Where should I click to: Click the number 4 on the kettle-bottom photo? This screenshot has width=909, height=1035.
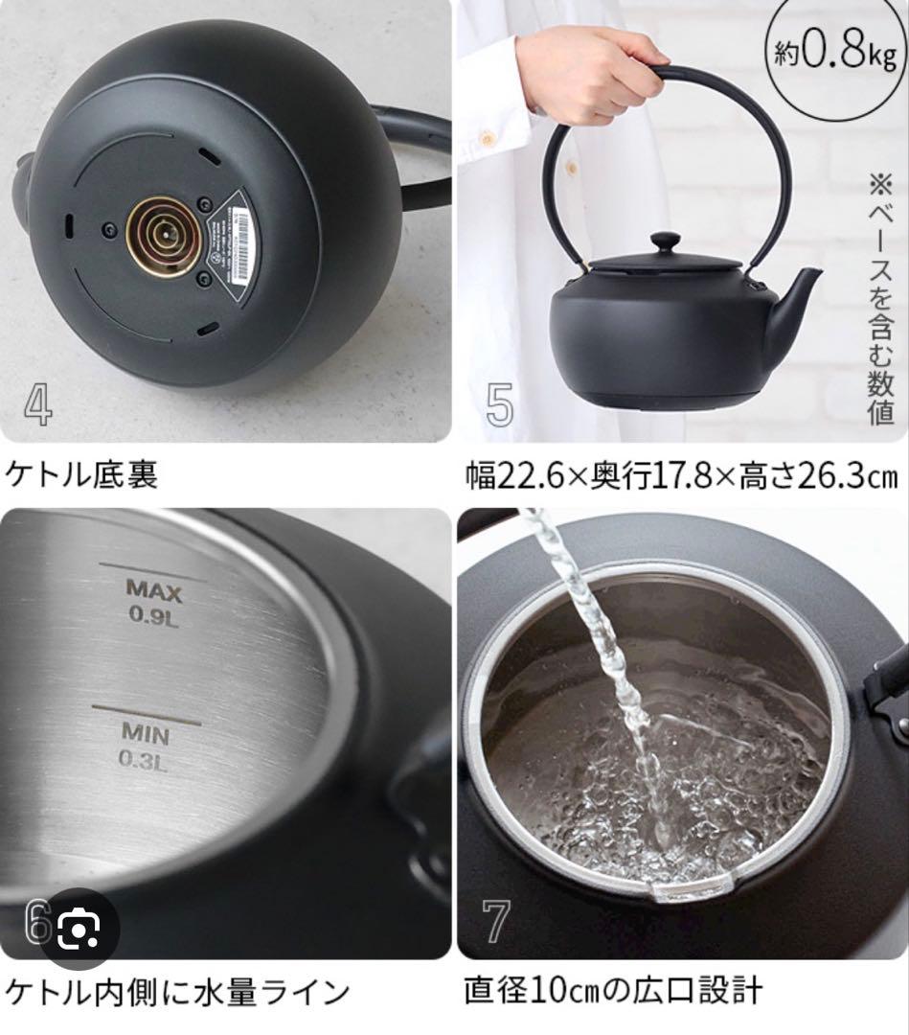point(38,405)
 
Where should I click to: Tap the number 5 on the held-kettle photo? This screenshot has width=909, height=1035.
point(499,405)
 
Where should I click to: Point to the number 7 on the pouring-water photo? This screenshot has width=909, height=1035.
point(497,921)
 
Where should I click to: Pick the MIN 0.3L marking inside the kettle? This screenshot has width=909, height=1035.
point(145,746)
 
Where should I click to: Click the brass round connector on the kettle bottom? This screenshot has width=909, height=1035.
point(163,236)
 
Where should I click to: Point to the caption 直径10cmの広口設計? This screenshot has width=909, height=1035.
point(613,991)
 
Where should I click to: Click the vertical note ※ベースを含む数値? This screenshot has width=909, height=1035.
point(880,297)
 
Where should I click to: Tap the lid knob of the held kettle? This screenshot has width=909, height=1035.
point(666,241)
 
